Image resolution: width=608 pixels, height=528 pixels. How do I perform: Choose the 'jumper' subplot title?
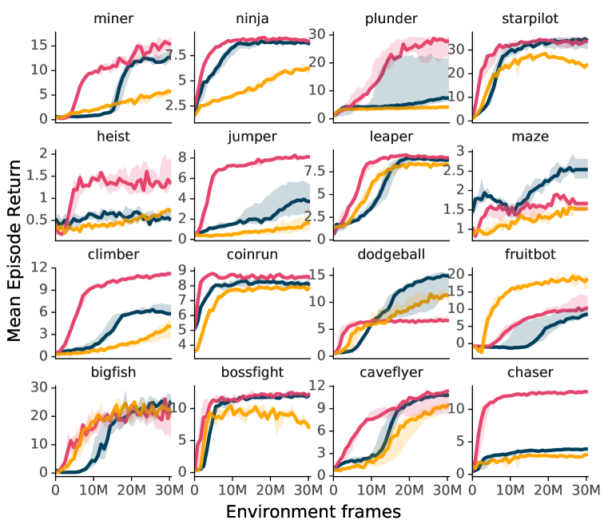(252, 137)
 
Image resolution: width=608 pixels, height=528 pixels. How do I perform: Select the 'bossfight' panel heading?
(252, 372)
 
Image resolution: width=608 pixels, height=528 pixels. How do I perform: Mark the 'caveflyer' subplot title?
(390, 372)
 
